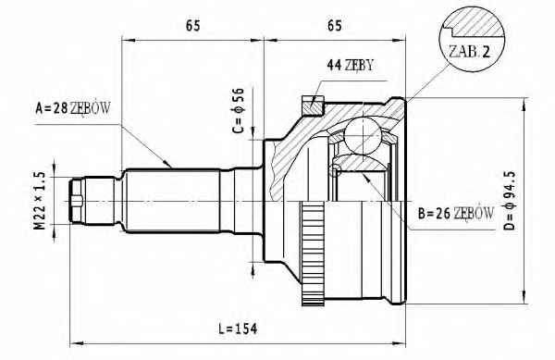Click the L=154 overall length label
click(x=238, y=329)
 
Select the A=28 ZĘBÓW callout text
click(x=73, y=108)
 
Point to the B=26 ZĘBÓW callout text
click(x=455, y=214)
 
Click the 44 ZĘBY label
click(x=350, y=65)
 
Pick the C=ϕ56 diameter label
click(x=239, y=110)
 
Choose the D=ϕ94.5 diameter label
click(x=510, y=201)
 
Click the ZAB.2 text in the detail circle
click(x=469, y=52)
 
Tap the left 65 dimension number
click(x=193, y=26)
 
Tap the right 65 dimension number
click(x=335, y=26)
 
